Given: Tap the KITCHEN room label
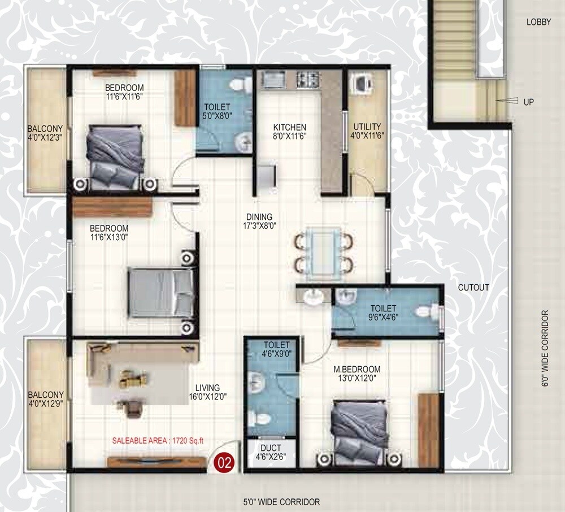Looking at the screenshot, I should click(290, 127).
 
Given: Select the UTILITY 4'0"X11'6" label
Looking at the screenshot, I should click(367, 131).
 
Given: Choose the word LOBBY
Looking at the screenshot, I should click(538, 22).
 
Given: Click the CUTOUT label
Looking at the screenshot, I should click(473, 287).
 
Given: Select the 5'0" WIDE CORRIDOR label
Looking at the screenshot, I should click(281, 502).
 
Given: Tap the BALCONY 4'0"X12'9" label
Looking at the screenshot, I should click(46, 400).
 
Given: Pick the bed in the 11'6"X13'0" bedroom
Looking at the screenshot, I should click(161, 293).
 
